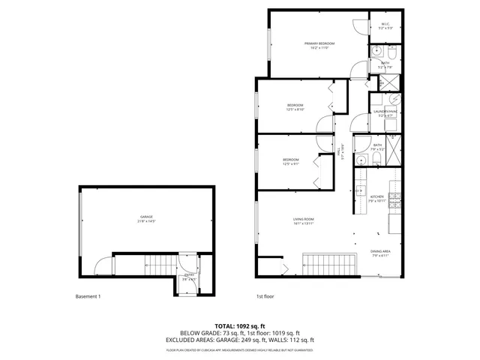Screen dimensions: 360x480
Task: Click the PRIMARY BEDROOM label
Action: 319,43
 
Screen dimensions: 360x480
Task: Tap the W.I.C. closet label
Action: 385,25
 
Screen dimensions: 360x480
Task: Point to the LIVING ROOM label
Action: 303,219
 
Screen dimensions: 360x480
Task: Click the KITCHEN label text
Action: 376,197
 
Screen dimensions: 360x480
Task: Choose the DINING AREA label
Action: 380,252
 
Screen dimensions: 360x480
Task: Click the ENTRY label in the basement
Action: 190,274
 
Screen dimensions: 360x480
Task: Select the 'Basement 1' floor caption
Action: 88,296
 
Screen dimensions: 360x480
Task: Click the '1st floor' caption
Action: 265,296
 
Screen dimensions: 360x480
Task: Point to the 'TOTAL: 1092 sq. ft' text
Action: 240,325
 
